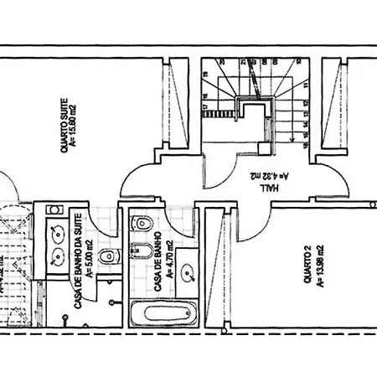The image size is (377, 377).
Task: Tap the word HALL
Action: point(270,189)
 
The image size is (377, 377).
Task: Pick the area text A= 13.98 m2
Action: point(319,265)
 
